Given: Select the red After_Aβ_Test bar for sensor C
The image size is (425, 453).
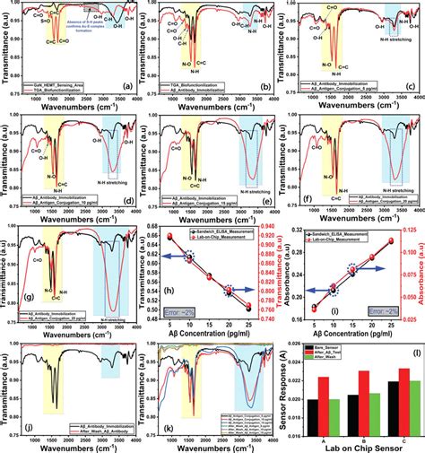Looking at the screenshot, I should pos(403,395).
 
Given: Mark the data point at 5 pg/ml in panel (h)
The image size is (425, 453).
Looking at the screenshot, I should pos(166,237).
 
